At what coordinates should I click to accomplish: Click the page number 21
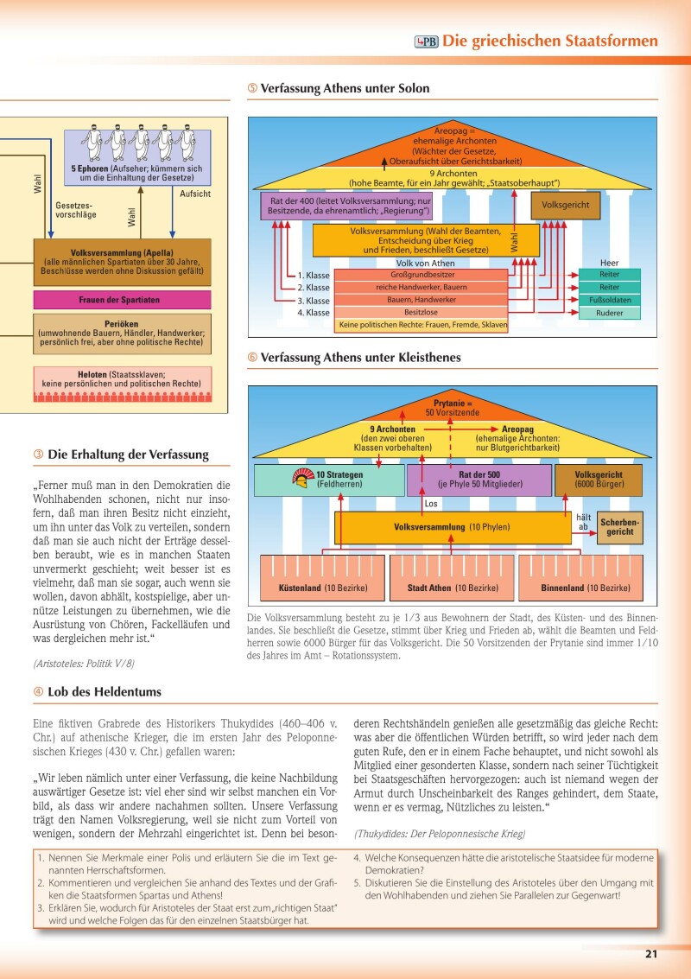pos(650,954)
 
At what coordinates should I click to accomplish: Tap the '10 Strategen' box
pos(328,480)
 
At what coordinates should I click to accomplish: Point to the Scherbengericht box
pos(620,526)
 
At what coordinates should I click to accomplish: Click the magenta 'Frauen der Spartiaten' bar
pos(122,300)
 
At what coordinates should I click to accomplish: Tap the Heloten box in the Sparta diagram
pos(122,378)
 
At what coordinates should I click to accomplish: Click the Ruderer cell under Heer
pos(609,314)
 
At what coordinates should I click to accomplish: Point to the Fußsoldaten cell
pos(609,300)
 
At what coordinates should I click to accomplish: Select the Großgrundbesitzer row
pos(421,274)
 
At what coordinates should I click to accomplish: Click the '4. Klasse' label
pos(313,314)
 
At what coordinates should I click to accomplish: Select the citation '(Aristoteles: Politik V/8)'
pos(83,664)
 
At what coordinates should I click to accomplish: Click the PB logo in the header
pos(427,41)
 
